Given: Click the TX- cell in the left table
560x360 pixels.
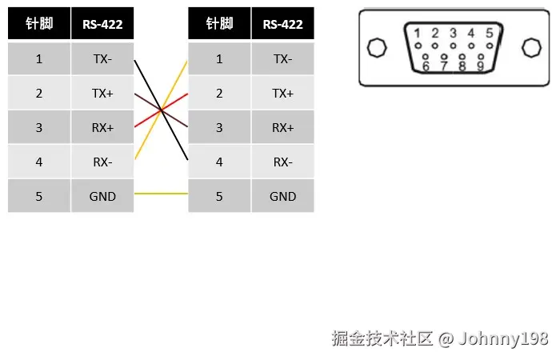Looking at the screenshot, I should tap(102, 59).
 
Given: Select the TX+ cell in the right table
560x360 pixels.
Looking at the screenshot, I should tap(282, 94).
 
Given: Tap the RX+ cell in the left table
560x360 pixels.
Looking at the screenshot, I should tap(102, 128).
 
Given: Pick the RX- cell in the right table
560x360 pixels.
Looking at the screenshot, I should tap(282, 162).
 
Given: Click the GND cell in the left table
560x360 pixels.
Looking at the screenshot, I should tap(102, 197).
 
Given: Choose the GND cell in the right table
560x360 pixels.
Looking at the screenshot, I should tap(282, 197).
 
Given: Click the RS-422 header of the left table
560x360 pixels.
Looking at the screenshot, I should tap(102, 24).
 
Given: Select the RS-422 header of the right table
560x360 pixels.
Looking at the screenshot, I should tap(282, 24).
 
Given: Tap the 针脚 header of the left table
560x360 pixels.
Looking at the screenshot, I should tap(39, 24).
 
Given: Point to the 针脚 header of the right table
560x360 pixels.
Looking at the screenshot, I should tap(219, 24).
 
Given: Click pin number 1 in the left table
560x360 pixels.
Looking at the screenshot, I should tap(39, 59).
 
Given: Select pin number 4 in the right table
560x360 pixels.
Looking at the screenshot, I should tap(219, 162).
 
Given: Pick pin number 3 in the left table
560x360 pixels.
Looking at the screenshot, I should tap(39, 128).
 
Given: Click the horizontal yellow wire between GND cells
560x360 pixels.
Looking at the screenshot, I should tap(161, 194).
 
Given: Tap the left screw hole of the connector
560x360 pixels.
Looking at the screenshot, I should tap(375, 48).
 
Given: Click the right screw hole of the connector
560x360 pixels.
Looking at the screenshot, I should tap(530, 48).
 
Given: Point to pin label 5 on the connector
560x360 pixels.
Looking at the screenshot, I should tap(489, 34).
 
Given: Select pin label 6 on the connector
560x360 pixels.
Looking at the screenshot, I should tap(426, 66).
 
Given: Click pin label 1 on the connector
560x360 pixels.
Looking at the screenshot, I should tap(417, 34).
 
